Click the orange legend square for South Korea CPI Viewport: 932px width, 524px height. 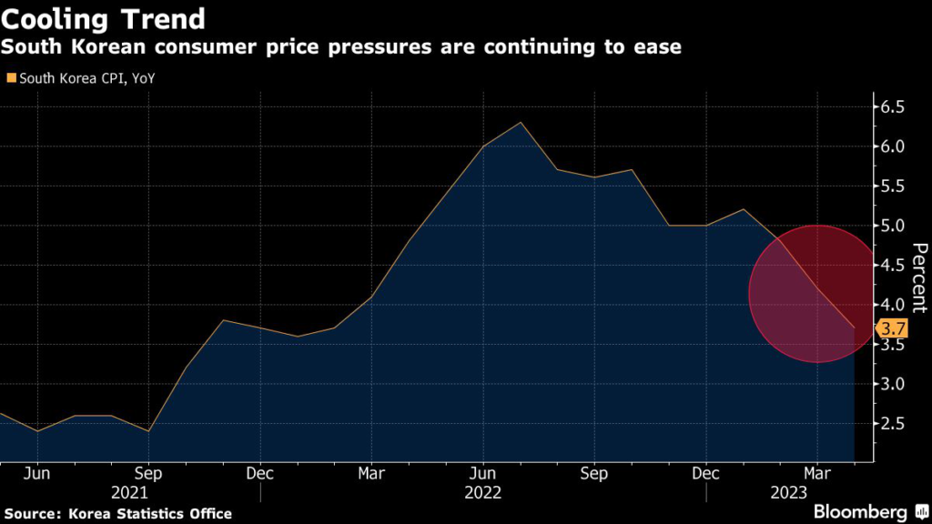click(x=10, y=78)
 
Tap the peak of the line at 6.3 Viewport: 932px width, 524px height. click(x=520, y=122)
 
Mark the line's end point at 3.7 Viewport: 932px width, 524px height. click(x=854, y=327)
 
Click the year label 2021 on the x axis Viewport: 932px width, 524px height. click(x=147, y=492)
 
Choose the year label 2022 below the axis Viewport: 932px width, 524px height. click(x=482, y=492)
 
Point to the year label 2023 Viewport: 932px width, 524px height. click(x=816, y=492)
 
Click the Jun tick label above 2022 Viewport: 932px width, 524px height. click(x=482, y=473)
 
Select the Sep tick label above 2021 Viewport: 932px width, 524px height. click(x=147, y=473)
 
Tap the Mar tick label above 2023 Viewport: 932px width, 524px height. click(x=816, y=473)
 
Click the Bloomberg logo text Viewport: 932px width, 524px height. click(x=859, y=511)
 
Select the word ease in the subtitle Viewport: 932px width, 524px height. click(x=659, y=46)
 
